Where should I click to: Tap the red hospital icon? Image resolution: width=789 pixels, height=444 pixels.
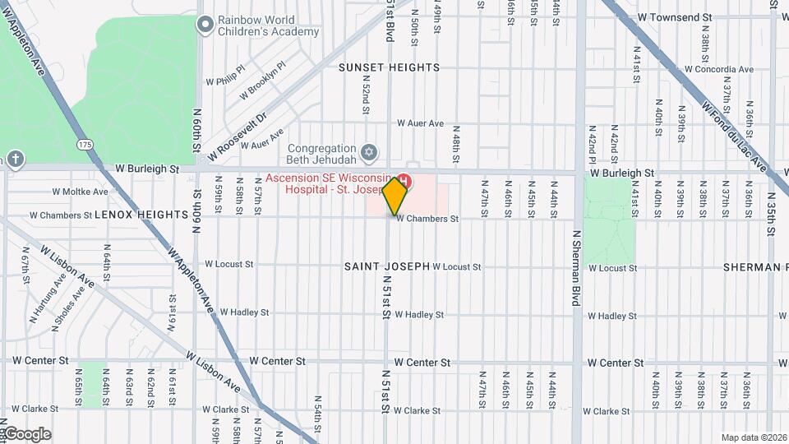pos(405,181)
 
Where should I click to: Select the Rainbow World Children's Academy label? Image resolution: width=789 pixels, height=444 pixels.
pos(268,25)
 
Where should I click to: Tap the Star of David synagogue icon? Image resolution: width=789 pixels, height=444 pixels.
pos(370,153)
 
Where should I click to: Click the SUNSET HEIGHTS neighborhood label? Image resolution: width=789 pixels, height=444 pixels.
pos(390,67)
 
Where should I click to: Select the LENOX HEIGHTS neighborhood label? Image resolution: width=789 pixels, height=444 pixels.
pos(142,215)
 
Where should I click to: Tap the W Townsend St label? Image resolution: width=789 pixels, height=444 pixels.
pos(673,17)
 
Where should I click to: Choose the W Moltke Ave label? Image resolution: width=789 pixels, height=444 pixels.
pos(80,192)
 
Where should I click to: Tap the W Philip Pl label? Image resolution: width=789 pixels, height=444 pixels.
pos(225,76)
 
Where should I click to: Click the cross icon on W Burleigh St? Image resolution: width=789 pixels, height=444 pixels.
pos(15,159)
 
